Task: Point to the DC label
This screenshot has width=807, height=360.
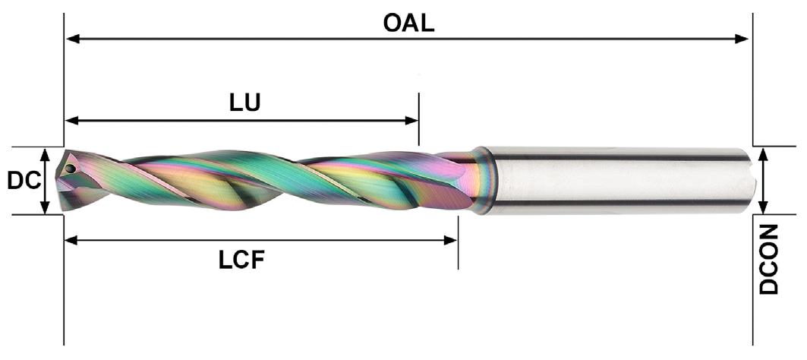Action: [x=23, y=181]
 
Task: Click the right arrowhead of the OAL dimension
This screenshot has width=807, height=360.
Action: [x=743, y=39]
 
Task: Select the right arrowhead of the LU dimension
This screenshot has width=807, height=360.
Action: [x=413, y=120]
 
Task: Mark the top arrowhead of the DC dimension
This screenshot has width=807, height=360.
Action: [x=46, y=153]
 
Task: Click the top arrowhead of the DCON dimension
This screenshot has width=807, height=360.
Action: [x=764, y=153]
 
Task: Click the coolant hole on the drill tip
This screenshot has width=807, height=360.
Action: [x=70, y=167]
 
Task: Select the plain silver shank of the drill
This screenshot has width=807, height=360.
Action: [x=615, y=179]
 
